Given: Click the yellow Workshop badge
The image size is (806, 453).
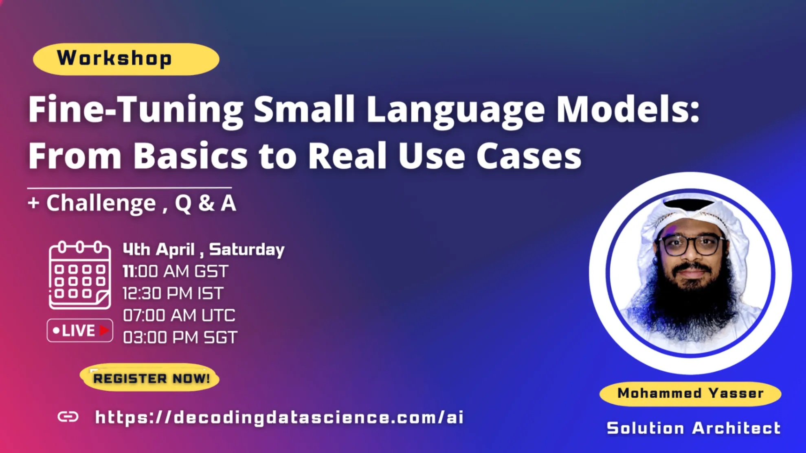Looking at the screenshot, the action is pyautogui.click(x=126, y=59).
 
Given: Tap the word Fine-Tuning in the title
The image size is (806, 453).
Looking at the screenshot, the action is pyautogui.click(x=136, y=110).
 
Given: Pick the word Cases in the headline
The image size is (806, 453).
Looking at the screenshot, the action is pyautogui.click(x=529, y=155).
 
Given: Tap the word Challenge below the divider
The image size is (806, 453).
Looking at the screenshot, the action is pyautogui.click(x=101, y=204).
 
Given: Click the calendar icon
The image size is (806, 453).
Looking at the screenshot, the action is pyautogui.click(x=80, y=275).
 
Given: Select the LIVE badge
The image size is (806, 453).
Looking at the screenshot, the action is pyautogui.click(x=80, y=330).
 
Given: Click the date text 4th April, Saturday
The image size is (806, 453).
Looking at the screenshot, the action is pyautogui.click(x=204, y=249).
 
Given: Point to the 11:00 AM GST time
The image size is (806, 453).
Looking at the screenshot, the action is pyautogui.click(x=176, y=271).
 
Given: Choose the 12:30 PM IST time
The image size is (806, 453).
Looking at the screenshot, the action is pyautogui.click(x=173, y=293).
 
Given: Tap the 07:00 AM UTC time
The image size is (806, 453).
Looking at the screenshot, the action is pyautogui.click(x=179, y=315).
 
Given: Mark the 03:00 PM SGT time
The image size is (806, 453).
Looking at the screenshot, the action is pyautogui.click(x=180, y=337).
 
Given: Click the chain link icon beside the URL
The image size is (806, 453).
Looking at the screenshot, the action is pyautogui.click(x=68, y=417).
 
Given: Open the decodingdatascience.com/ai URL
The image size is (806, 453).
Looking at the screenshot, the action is pyautogui.click(x=279, y=418).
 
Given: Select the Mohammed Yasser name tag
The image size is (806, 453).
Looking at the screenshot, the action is pyautogui.click(x=690, y=394).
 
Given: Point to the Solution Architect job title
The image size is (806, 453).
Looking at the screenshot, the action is pyautogui.click(x=694, y=428).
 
